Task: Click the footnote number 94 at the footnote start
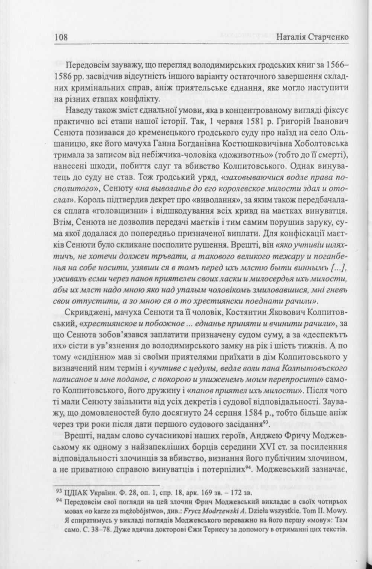click(58, 500)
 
